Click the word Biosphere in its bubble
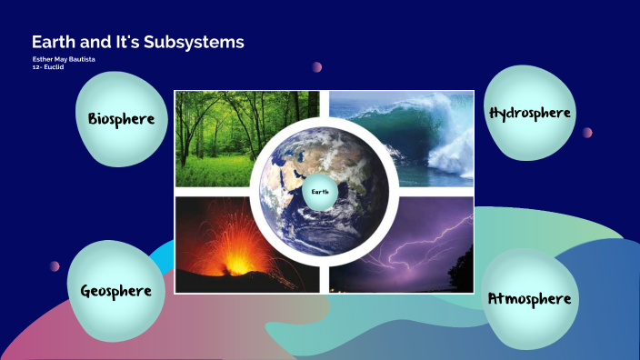coord(121,119)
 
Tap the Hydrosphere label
coord(529,113)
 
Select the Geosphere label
coord(115,291)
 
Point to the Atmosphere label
coord(529,298)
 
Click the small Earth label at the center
coord(320,192)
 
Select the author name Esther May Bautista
coord(64,59)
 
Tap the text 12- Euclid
coord(47,67)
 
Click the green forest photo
coord(223,136)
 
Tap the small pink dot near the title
coord(317,66)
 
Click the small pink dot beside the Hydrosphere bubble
coord(587,132)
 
